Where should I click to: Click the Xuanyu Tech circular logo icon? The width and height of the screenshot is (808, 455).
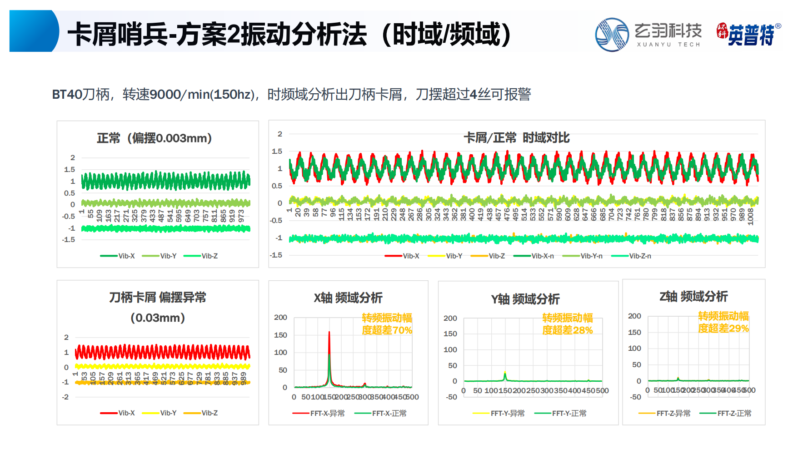tap(612, 35)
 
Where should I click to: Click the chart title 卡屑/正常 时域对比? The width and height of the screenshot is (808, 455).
tap(516, 138)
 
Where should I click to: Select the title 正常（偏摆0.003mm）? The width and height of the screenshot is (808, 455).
tap(154, 138)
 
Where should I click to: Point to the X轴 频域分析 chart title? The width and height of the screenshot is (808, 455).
tap(348, 298)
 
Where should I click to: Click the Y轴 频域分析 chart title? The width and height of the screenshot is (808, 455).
tap(525, 299)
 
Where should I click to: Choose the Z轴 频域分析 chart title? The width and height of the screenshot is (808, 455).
tap(693, 297)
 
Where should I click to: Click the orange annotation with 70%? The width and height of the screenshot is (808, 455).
tap(387, 324)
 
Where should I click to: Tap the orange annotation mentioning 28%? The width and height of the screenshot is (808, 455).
tap(567, 324)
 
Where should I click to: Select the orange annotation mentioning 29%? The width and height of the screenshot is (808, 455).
tap(723, 322)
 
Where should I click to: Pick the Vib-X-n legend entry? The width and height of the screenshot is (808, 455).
tap(534, 256)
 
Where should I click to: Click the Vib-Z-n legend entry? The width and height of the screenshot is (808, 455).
tap(631, 256)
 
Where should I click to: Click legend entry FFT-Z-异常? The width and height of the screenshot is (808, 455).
tap(664, 413)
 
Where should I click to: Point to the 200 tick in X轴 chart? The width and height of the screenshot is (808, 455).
tap(280, 318)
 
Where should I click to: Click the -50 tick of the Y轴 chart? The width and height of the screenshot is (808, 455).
tap(451, 397)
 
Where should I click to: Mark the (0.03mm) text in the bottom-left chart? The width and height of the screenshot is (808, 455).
tap(158, 318)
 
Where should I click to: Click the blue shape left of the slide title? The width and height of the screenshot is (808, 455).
tap(33, 31)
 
